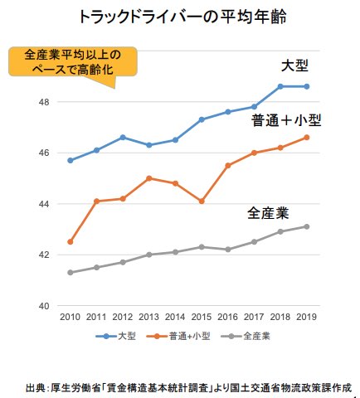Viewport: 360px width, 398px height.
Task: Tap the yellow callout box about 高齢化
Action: pos(72,63)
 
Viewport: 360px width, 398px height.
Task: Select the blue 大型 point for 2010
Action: pos(70,160)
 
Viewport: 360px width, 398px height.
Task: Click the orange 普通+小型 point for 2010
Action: pos(70,242)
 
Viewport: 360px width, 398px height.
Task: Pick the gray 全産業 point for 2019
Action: pos(306,226)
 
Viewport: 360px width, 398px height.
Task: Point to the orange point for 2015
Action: pos(202,201)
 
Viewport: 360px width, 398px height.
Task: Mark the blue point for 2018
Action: pos(280,86)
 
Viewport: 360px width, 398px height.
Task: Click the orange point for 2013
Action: pos(148,178)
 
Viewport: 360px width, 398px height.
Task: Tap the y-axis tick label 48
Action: pos(43,102)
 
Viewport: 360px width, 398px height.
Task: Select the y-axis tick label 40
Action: pos(43,306)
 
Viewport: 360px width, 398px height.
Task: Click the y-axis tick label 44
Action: pos(43,204)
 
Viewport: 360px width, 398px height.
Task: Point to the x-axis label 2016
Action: pos(227,318)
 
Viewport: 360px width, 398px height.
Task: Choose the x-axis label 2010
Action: pos(70,318)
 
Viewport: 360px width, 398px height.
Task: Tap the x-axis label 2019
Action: pos(306,318)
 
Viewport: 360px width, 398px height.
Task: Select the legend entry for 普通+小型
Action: pos(182,337)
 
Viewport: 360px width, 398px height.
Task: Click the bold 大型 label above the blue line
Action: pos(297,66)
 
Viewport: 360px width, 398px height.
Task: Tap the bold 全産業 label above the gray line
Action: pos(269,212)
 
